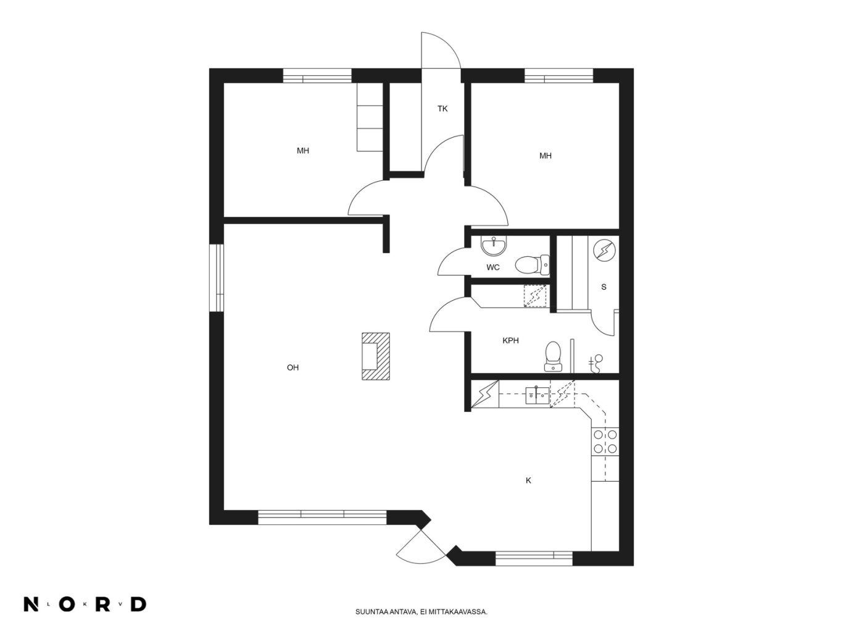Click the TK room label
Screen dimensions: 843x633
tap(442, 109)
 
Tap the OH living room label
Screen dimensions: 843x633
tap(293, 367)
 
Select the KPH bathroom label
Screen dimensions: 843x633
tap(510, 340)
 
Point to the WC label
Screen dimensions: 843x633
tap(493, 267)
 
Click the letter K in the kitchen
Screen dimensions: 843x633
tap(528, 480)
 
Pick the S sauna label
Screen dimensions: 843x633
tap(604, 287)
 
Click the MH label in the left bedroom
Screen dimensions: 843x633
tap(302, 151)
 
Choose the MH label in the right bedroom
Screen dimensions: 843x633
tap(546, 156)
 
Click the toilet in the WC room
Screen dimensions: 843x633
tap(532, 265)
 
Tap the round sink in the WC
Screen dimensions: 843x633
tap(494, 246)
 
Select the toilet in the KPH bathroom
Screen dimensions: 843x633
tap(553, 356)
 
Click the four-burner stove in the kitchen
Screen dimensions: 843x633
tap(605, 442)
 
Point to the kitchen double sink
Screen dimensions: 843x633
tap(537, 395)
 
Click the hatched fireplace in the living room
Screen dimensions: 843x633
tap(376, 356)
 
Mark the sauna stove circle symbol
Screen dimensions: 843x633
tap(605, 250)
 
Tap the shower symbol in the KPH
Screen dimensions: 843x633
tap(596, 364)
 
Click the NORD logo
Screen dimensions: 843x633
tap(85, 604)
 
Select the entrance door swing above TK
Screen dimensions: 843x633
tap(441, 50)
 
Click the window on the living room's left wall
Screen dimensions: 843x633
tap(216, 277)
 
